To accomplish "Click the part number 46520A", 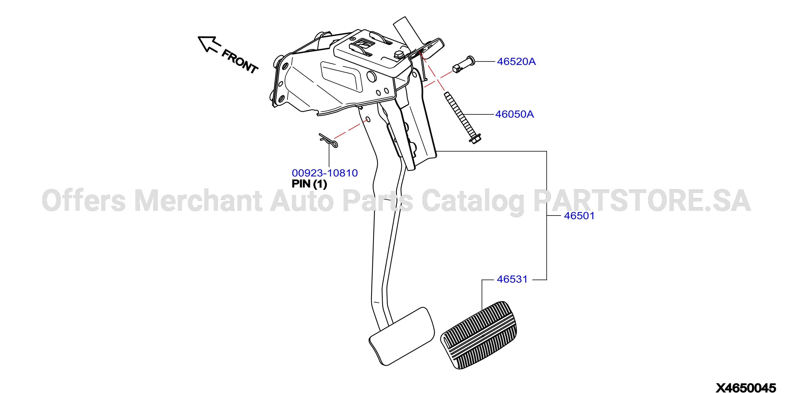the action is pyautogui.click(x=516, y=62).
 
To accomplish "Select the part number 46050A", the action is pyautogui.click(x=514, y=114).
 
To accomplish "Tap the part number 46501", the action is pyautogui.click(x=579, y=216).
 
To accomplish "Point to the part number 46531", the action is pyautogui.click(x=512, y=279).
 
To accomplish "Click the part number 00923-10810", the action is pyautogui.click(x=325, y=173).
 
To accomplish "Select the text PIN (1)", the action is pyautogui.click(x=309, y=184).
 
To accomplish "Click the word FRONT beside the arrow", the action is pyautogui.click(x=240, y=61).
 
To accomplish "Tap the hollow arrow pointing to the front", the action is pyautogui.click(x=209, y=44).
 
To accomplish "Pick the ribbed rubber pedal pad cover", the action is pyautogui.click(x=478, y=335).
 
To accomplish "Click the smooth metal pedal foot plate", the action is pyautogui.click(x=402, y=337).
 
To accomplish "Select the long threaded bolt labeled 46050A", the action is pyautogui.click(x=463, y=118).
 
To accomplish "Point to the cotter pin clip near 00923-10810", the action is pyautogui.click(x=328, y=140).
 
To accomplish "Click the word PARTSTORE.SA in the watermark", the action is pyautogui.click(x=642, y=200).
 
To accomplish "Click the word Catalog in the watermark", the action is pyautogui.click(x=473, y=202).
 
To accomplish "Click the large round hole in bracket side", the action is pyautogui.click(x=372, y=77).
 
